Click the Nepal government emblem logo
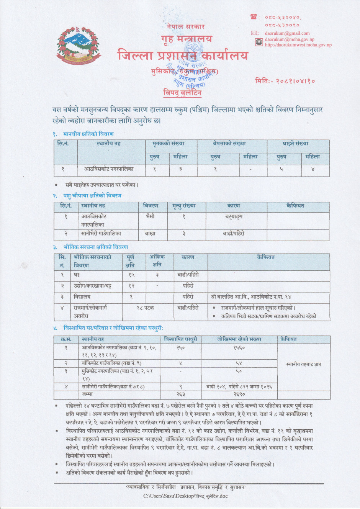[79, 46]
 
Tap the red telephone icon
[254, 16]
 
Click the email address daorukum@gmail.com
[287, 33]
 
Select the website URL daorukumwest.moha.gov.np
[298, 45]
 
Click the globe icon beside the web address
[259, 42]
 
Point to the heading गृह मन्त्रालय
[186, 39]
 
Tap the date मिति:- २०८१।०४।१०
[285, 81]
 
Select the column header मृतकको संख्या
[168, 144]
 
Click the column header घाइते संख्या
[295, 144]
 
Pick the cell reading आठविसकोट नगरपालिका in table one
[109, 169]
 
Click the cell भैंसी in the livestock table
[150, 216]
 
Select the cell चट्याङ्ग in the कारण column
[234, 216]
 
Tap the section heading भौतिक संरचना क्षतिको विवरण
[96, 247]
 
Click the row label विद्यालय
[82, 297]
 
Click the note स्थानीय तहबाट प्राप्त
[303, 364]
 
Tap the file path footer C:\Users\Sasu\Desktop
[185, 496]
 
